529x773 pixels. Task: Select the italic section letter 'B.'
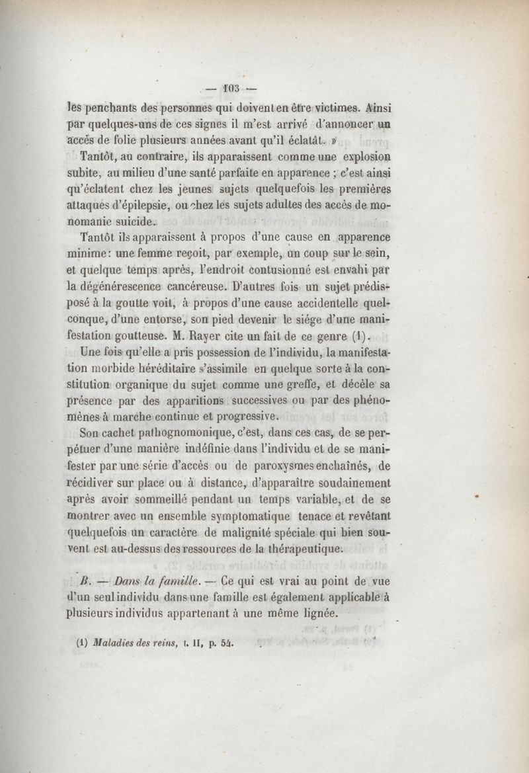tap(84, 583)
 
